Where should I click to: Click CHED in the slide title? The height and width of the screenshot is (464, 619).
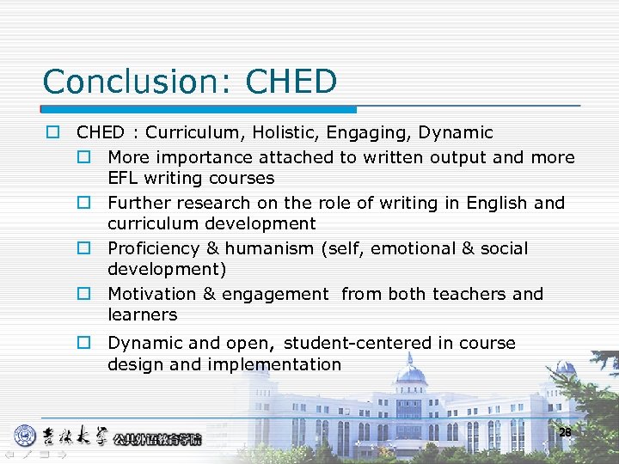click(x=291, y=82)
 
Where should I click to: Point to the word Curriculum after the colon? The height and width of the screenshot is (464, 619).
click(x=190, y=133)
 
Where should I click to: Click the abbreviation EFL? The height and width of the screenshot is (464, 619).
click(x=124, y=179)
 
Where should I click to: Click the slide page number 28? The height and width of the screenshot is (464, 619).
click(x=565, y=433)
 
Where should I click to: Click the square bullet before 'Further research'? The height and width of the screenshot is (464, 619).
click(x=84, y=204)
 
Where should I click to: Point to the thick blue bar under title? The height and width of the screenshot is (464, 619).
click(x=199, y=110)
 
